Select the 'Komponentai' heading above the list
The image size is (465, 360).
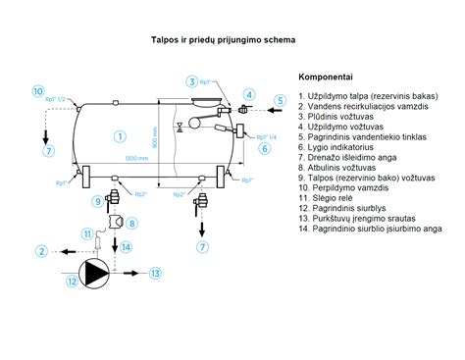click(324, 76)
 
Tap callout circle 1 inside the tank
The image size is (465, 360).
click(119, 134)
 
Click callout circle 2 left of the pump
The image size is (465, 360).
click(42, 251)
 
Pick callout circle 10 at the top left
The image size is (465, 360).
click(37, 91)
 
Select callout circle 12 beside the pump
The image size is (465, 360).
click(72, 283)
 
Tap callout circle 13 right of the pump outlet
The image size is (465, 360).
click(155, 273)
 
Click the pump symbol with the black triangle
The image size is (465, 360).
click(95, 272)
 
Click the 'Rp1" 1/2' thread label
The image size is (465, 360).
click(56, 99)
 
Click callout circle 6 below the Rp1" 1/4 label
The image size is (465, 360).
click(265, 149)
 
